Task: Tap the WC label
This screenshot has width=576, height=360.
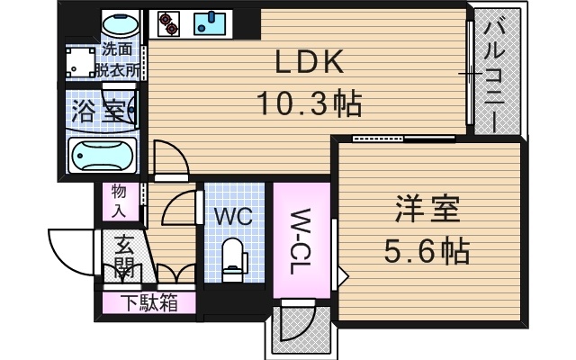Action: click(x=235, y=217)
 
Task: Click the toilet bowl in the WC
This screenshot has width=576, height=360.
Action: click(x=235, y=256)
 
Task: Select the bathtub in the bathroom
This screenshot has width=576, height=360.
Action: click(x=103, y=157)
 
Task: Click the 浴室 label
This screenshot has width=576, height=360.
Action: click(x=96, y=112)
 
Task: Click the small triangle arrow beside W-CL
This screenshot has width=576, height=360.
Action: click(x=342, y=274)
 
